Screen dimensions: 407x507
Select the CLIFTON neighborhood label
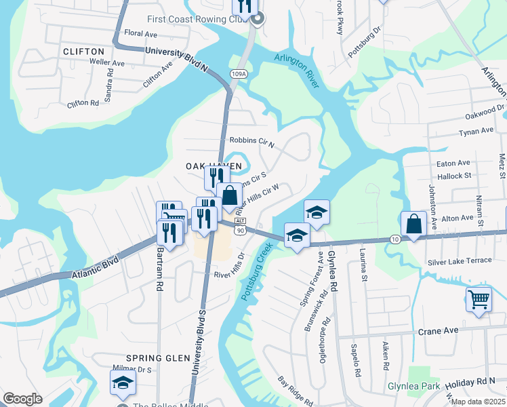83,52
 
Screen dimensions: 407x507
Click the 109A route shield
238,74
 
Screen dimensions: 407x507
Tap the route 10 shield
395,239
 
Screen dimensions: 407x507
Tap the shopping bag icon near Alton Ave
413,225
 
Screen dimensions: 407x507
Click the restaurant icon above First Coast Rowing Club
245,6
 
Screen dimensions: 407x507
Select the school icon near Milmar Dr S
123,384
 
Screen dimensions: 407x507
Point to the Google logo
22,398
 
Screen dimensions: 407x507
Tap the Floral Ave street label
141,33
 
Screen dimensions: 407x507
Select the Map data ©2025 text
477,402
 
